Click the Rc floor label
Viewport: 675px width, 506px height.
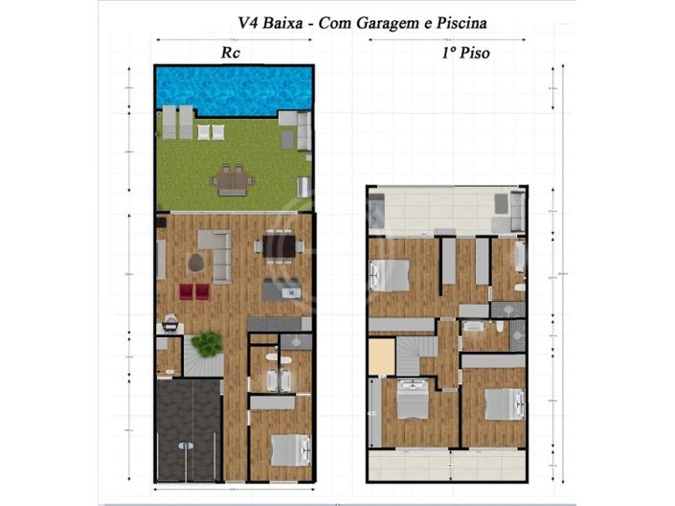tap(231, 54)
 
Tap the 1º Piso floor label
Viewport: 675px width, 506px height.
tap(465, 54)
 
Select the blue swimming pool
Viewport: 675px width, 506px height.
tap(235, 89)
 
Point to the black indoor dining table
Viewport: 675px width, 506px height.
tap(281, 246)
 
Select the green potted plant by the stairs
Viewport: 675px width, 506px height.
tap(206, 343)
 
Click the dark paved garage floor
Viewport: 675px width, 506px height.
tap(188, 429)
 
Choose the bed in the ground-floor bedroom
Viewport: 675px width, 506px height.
tap(289, 449)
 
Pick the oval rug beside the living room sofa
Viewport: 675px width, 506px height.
tap(195, 262)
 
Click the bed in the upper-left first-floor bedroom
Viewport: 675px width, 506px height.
tap(393, 274)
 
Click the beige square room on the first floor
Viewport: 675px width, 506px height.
tap(381, 357)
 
